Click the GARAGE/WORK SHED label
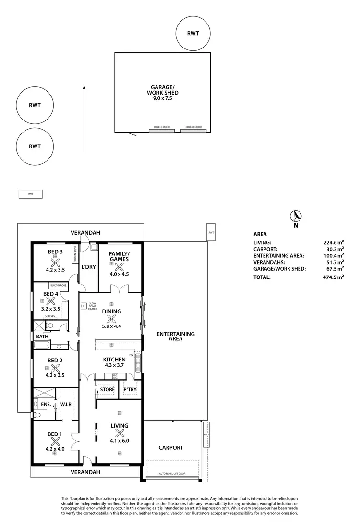coord(162,90)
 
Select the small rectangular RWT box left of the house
coord(30,194)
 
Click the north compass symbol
coord(296,217)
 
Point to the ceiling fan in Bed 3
coord(55,263)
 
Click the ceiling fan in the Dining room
coord(111,319)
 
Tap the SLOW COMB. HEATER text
coord(93,307)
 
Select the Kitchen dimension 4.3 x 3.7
coord(115,366)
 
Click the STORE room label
coord(107,389)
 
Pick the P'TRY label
coord(131,389)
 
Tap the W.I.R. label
coord(66,405)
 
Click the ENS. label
coord(46,405)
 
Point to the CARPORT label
coord(171,447)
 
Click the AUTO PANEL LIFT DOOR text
coord(172,474)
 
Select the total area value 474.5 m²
coord(333,277)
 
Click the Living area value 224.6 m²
coord(334,243)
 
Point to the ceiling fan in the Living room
coord(120,432)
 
